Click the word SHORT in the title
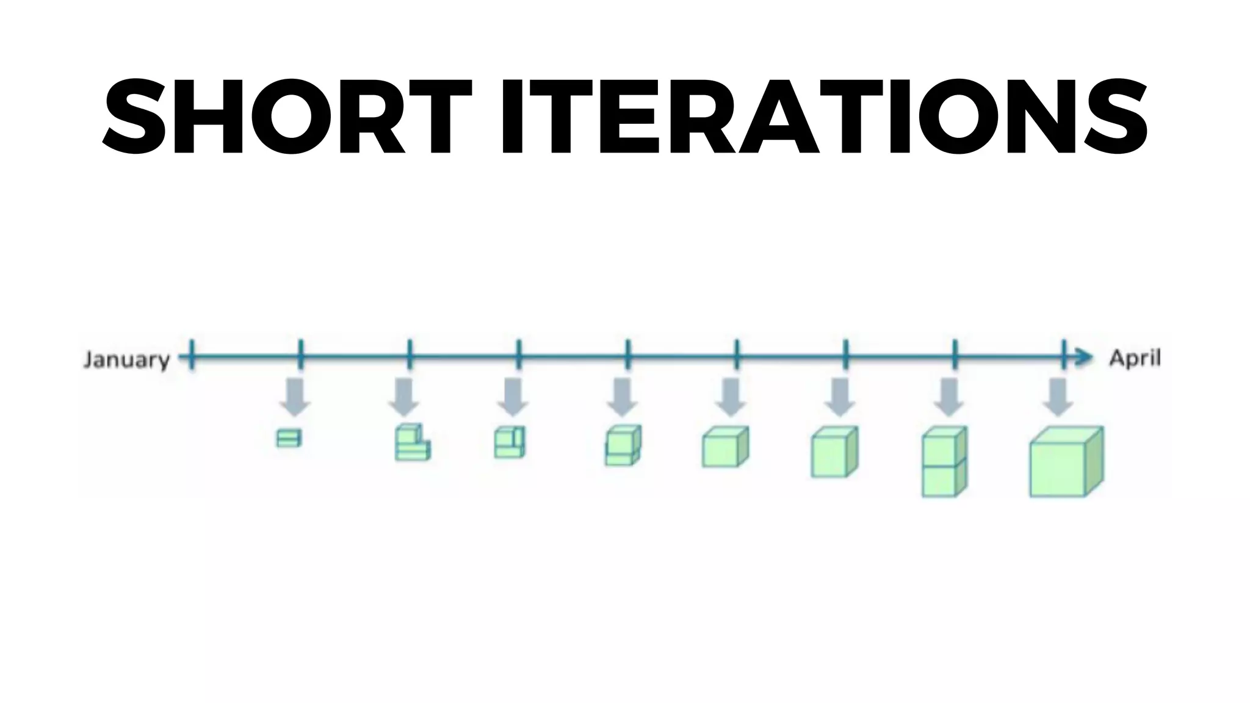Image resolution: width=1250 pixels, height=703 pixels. tap(287, 117)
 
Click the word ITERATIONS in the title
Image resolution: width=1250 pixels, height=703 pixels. tap(824, 117)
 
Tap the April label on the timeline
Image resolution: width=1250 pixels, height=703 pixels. tap(1135, 358)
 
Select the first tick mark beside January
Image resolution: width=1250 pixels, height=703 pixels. tap(192, 355)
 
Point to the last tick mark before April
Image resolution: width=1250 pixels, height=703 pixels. tap(1064, 355)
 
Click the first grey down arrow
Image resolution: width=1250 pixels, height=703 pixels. tap(295, 397)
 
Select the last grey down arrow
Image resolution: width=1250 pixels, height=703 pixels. tap(1058, 397)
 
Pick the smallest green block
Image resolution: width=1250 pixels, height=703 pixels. tap(289, 438)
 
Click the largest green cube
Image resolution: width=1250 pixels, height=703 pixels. tap(1066, 461)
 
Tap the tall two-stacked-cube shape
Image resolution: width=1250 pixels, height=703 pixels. tap(944, 462)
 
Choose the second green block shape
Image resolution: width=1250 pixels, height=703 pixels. tap(412, 442)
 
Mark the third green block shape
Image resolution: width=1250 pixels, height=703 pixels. tap(510, 442)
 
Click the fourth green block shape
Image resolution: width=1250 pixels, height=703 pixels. tap(623, 445)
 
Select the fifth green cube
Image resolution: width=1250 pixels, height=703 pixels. tap(725, 447)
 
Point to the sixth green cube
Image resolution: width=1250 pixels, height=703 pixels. tap(834, 452)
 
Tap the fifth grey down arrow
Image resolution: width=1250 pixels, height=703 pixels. tap(731, 397)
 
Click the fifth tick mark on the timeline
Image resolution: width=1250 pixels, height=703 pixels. tap(628, 355)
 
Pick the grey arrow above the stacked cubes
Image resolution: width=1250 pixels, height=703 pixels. tap(949, 397)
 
